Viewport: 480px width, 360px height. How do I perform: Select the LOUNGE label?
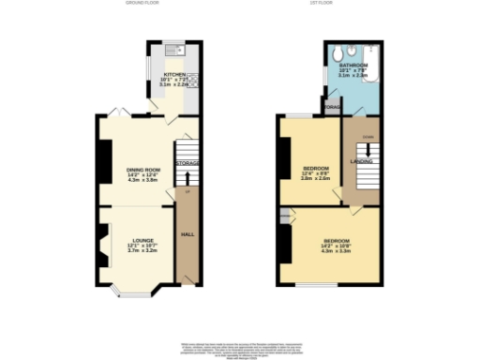142,240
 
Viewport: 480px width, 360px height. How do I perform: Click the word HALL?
187,234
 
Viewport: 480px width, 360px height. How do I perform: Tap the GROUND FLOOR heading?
142,4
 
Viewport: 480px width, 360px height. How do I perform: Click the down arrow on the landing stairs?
366,147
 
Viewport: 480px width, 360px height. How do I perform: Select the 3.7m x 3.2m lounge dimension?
142,251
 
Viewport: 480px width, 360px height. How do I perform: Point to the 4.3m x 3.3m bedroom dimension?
335,250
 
